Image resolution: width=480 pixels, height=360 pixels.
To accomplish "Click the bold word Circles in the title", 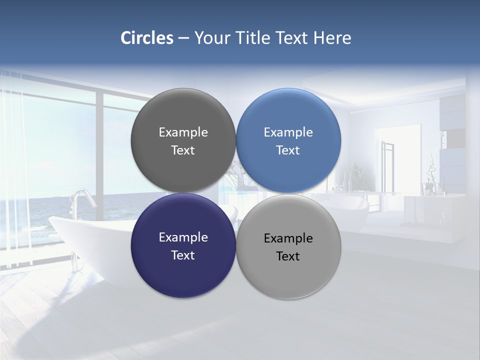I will tap(146, 37).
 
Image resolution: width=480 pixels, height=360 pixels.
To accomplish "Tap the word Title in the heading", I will tap(253, 37).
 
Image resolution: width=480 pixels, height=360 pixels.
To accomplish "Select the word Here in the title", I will tap(332, 37).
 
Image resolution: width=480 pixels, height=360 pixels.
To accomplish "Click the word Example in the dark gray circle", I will tap(183, 132).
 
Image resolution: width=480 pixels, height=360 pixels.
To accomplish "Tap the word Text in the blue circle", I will tap(288, 150).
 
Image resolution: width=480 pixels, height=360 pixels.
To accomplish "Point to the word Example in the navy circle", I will tap(183, 237).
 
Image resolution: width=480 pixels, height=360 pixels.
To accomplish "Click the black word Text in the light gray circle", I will tap(288, 256).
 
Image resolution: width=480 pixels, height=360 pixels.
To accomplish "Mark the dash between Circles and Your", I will tap(183, 38).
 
